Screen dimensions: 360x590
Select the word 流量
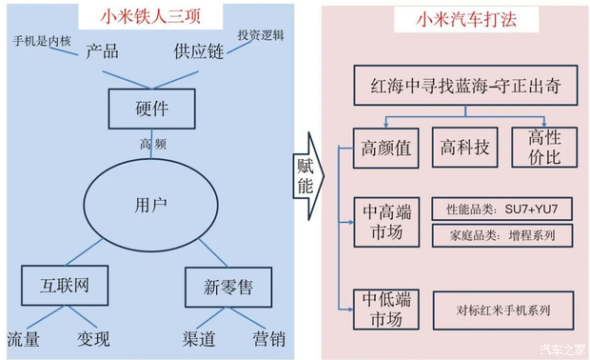24,339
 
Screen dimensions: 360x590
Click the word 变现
93,339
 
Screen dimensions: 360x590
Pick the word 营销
268,339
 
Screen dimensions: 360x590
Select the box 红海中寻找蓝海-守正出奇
464,88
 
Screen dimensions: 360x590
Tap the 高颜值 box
385,148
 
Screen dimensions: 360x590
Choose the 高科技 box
464,148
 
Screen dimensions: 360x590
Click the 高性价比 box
544,148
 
